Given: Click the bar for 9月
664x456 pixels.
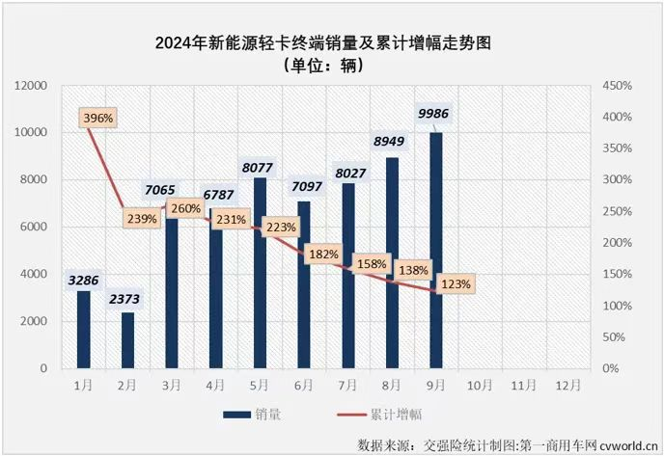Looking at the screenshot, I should click(x=436, y=251).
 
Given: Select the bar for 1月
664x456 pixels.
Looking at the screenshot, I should click(x=83, y=330).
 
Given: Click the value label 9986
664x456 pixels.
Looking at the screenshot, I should click(x=433, y=115).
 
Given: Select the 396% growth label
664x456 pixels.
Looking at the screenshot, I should click(x=98, y=118).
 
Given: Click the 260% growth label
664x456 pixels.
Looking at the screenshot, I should click(x=186, y=208).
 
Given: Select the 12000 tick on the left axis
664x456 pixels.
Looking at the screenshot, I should click(x=32, y=86).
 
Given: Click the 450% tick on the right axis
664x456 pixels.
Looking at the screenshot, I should click(x=618, y=86).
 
